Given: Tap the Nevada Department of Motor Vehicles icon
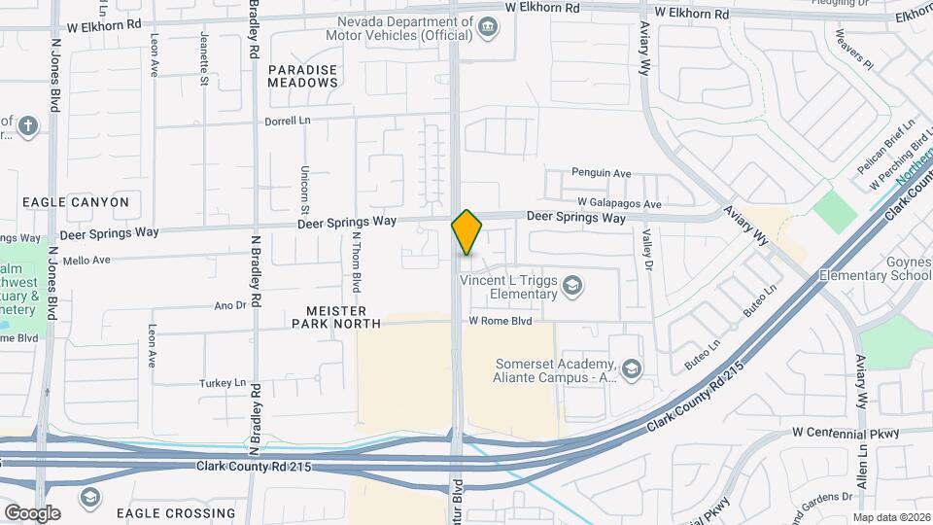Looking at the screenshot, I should pos(489,28).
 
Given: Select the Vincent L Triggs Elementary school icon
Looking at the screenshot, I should pos(573,285).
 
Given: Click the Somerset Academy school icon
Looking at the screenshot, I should pos(633,367).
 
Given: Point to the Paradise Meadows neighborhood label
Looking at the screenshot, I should pos(303,76).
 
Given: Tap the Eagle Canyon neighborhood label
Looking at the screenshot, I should pos(76,202).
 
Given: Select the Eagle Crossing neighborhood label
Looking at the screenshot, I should pos(175,512).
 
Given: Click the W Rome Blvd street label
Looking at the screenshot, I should pos(501,320).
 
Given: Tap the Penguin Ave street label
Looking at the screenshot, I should pos(601,173).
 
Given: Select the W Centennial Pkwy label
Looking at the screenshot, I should pos(846,431).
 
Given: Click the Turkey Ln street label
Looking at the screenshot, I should pos(223,383).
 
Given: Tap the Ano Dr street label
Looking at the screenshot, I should pos(229,305).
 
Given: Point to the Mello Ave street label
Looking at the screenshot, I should pos(86,260).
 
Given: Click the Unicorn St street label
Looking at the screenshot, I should pos(304,190).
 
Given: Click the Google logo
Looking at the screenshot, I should pos(32,512).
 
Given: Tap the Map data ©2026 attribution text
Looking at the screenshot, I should pos(891,517).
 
